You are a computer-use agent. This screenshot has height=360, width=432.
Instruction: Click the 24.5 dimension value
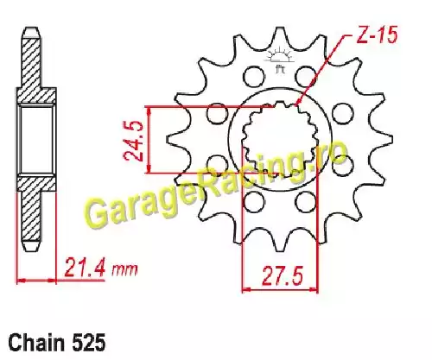click(133, 140)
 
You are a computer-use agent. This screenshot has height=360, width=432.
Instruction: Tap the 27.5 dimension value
click(283, 275)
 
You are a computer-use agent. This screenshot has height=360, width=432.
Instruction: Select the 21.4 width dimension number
click(85, 267)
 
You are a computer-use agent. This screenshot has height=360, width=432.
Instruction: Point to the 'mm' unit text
click(124, 269)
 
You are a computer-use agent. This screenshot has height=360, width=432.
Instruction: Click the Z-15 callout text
click(377, 35)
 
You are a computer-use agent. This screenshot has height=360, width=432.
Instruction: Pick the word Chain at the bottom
click(36, 343)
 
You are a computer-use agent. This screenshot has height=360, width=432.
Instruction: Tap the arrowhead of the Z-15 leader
click(299, 101)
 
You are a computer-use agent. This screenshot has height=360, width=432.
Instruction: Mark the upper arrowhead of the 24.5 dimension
click(149, 111)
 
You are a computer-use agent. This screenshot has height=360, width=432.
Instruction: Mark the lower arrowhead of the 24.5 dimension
click(149, 169)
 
